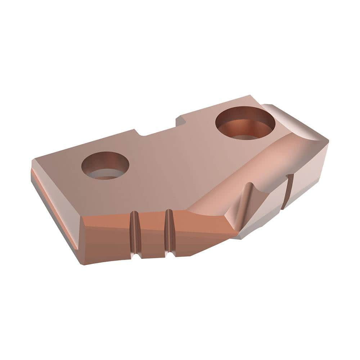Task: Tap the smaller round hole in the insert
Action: click(x=105, y=165)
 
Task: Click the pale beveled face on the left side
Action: click(x=54, y=212)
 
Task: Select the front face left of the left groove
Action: click(x=104, y=239)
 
